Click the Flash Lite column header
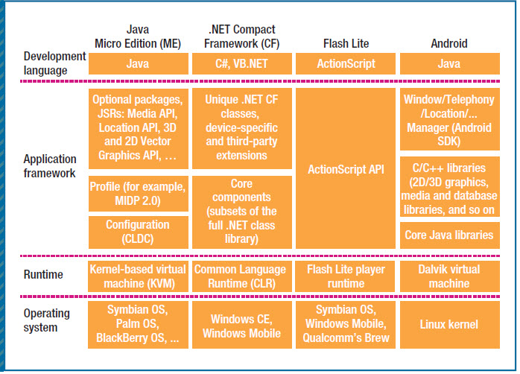tap(346, 43)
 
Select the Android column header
tap(449, 43)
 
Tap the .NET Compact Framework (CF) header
tap(242, 37)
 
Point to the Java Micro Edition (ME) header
tap(138, 37)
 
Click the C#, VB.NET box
tap(242, 63)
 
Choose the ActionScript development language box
tap(346, 63)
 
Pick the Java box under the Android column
tap(450, 63)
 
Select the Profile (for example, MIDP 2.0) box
tap(139, 194)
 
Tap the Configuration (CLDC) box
tap(139, 232)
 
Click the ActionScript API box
tap(346, 168)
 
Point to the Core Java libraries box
tap(450, 235)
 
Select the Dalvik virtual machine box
tap(450, 276)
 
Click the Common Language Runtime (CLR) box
tap(242, 276)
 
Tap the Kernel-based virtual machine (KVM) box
tap(138, 276)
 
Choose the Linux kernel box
tap(450, 325)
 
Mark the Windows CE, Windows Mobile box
tap(242, 325)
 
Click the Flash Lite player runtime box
tap(345, 276)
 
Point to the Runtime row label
tap(43, 274)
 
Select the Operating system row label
tap(46, 320)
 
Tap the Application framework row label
tap(50, 166)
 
